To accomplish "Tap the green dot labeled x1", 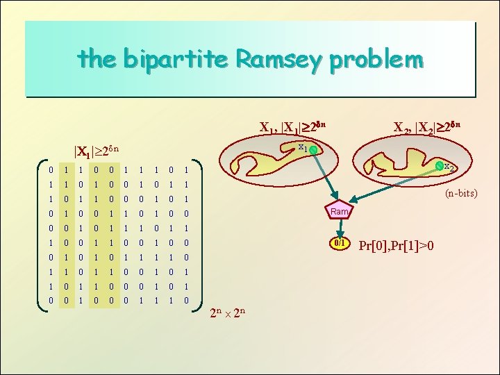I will (313, 151).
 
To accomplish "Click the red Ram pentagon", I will (339, 211).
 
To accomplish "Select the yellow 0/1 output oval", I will (339, 244).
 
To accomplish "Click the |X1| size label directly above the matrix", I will (101, 151).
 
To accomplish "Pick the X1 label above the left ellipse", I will (292, 127).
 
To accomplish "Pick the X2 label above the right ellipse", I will (426, 127).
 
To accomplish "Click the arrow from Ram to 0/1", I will (339, 228).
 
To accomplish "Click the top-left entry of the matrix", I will (43, 169).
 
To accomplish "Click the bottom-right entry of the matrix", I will (185, 300).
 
